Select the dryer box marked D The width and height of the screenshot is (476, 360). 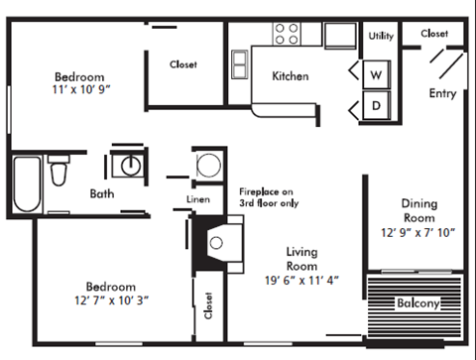click(x=377, y=103)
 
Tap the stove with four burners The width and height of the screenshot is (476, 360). click(x=288, y=34)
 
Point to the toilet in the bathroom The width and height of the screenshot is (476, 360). click(x=59, y=170)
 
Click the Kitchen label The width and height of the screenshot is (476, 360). click(x=291, y=76)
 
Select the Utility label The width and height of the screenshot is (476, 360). click(x=381, y=36)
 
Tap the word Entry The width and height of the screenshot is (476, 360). click(x=442, y=93)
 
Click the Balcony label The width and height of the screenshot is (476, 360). click(x=417, y=302)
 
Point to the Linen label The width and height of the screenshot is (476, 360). click(x=198, y=199)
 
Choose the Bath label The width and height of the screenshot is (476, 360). click(x=102, y=193)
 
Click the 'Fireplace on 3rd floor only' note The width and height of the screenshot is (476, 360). click(x=267, y=197)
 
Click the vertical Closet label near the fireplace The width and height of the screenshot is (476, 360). click(x=209, y=305)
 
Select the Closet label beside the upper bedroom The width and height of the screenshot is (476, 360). click(x=183, y=64)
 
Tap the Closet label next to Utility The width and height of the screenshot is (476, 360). click(x=434, y=34)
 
